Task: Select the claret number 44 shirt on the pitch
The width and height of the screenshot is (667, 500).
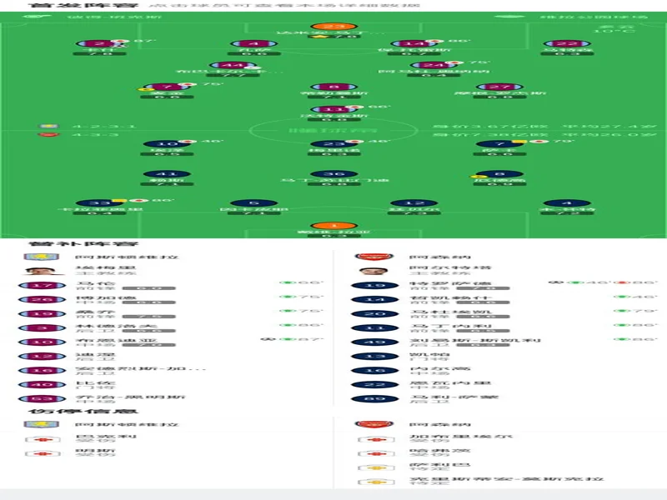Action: [226, 65]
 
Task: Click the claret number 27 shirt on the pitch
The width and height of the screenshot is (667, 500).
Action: [499, 86]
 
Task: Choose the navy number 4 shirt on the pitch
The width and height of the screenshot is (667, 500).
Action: [567, 202]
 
